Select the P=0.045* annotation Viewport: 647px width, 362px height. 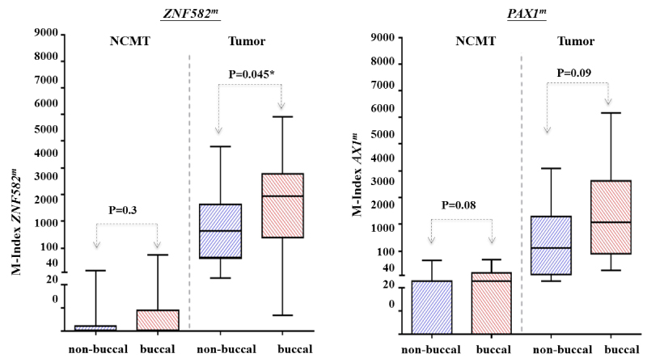tap(250, 75)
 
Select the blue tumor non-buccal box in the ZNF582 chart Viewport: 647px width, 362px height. tap(221, 230)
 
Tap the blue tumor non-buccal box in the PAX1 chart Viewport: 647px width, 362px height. tap(551, 245)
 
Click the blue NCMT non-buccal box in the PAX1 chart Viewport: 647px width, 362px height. tap(431, 307)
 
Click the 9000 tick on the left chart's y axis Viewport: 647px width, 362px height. tap(46, 33)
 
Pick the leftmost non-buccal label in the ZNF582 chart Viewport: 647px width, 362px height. tap(95, 350)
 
